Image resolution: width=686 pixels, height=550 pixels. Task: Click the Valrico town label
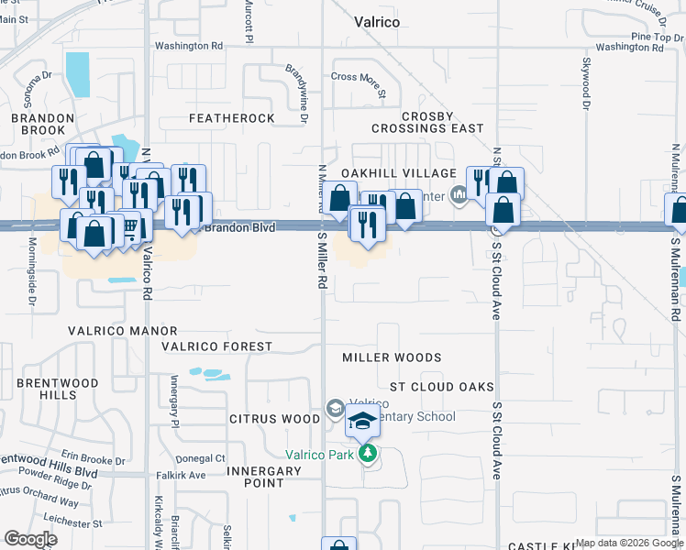pyautogui.click(x=377, y=21)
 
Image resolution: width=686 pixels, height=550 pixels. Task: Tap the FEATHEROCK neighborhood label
pyautogui.click(x=232, y=119)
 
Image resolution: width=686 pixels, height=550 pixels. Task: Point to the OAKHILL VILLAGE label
pyautogui.click(x=398, y=173)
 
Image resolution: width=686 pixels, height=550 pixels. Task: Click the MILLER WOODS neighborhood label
pyautogui.click(x=392, y=357)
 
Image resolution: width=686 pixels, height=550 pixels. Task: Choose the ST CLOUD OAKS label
pyautogui.click(x=441, y=388)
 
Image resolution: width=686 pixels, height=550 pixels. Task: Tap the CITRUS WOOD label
pyautogui.click(x=274, y=419)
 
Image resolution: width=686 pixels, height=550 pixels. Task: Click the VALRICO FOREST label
pyautogui.click(x=216, y=346)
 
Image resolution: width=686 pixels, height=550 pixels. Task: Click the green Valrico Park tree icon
pyautogui.click(x=369, y=454)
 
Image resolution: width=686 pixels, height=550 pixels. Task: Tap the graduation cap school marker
pyautogui.click(x=362, y=423)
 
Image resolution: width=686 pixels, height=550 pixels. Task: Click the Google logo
pyautogui.click(x=31, y=539)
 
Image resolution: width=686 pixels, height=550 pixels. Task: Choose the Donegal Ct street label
pyautogui.click(x=201, y=457)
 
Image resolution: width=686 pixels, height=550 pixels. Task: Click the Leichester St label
pyautogui.click(x=72, y=523)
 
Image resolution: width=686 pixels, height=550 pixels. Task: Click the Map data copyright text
pyautogui.click(x=628, y=543)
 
